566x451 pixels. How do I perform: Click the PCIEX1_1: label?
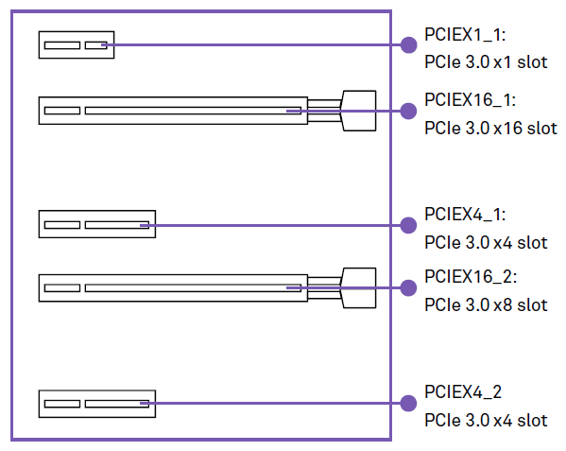(x=465, y=35)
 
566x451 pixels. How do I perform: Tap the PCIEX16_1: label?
(x=470, y=99)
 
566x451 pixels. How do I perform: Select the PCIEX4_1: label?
(x=465, y=214)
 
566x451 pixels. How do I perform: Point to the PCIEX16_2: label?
(x=471, y=277)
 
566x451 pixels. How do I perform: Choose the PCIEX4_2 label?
(x=463, y=392)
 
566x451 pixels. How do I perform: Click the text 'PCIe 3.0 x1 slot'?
(x=486, y=62)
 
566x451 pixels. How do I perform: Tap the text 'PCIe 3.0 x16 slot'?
(x=491, y=129)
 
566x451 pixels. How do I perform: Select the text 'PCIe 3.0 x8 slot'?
(x=486, y=305)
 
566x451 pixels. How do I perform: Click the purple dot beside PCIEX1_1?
(x=408, y=45)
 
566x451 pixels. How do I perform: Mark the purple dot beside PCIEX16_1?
(x=408, y=111)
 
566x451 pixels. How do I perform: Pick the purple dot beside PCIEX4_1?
(x=408, y=225)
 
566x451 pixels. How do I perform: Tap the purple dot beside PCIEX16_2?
(x=408, y=287)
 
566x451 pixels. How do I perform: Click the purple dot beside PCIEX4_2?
(x=408, y=403)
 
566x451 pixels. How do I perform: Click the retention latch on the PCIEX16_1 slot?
(x=359, y=111)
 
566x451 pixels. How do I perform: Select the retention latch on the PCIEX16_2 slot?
(x=359, y=287)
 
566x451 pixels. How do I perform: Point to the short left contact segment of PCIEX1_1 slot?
(x=62, y=45)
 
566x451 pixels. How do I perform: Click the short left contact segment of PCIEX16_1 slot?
(x=62, y=111)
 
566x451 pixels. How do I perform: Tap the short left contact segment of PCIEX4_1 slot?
(x=62, y=225)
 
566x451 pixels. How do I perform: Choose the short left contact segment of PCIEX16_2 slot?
(x=62, y=287)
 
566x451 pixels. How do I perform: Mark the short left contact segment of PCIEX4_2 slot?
(x=62, y=404)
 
